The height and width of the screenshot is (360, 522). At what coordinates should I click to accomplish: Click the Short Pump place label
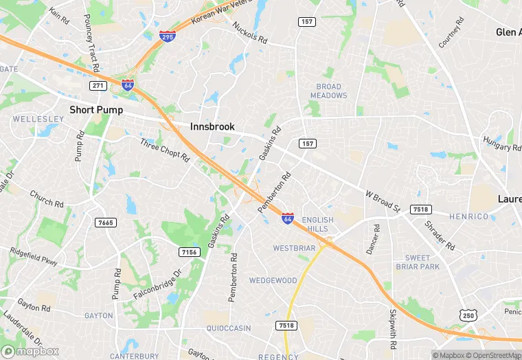click(96, 110)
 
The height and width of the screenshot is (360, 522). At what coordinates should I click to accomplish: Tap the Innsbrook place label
click(212, 127)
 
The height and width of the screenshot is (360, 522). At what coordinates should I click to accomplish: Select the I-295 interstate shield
click(167, 36)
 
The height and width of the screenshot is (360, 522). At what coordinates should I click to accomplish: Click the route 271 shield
click(98, 85)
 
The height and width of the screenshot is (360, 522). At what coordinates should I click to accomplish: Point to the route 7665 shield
click(106, 223)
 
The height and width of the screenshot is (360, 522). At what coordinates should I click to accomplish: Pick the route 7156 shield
click(189, 252)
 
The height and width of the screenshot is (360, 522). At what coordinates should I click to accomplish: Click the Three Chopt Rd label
click(165, 149)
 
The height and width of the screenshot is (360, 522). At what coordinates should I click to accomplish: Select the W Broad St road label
click(382, 201)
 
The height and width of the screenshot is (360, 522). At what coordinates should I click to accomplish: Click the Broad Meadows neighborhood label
click(329, 91)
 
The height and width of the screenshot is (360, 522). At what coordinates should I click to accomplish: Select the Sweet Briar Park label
click(417, 262)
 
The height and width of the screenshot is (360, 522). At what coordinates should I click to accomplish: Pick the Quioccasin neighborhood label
click(229, 328)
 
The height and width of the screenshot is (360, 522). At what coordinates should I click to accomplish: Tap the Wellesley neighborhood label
click(37, 119)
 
